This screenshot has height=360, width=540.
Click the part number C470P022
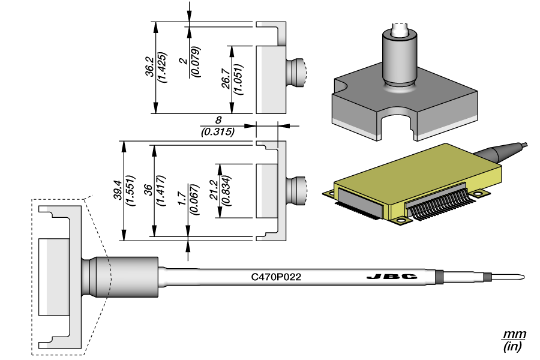(276, 277)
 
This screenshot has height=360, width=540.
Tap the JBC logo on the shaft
(391, 277)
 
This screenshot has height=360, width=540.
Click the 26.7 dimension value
(224, 79)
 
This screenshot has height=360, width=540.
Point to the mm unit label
(514, 334)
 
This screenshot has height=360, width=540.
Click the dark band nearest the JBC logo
(439, 277)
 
